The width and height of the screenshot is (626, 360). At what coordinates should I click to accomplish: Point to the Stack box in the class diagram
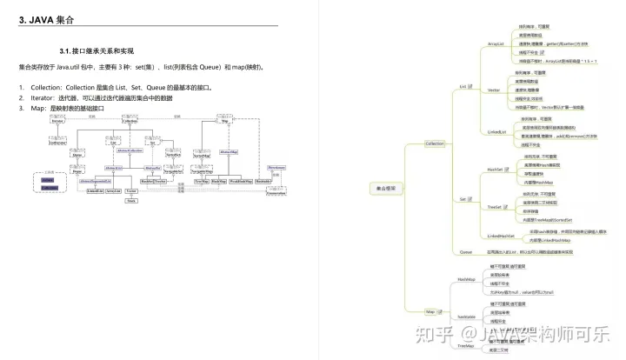tap(131, 200)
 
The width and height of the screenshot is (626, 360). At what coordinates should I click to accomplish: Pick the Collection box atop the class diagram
tap(130, 122)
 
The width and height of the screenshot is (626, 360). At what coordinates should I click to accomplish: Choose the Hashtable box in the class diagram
tap(263, 181)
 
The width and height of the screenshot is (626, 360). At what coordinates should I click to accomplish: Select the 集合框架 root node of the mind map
tap(387, 188)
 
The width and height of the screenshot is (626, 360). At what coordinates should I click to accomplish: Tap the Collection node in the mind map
tap(435, 143)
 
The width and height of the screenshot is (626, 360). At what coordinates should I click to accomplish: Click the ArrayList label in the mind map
tap(496, 42)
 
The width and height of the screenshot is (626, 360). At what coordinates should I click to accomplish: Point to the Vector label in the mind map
tap(493, 90)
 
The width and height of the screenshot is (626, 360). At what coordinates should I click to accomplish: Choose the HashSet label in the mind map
tap(495, 170)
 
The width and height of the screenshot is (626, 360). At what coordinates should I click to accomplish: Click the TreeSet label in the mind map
tap(495, 207)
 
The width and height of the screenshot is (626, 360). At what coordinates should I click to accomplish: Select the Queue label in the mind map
tap(466, 250)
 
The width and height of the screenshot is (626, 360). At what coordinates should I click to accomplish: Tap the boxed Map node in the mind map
tap(430, 310)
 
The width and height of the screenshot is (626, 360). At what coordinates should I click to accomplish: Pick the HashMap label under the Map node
tap(466, 279)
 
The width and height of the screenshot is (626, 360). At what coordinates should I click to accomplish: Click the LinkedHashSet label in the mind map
tap(501, 236)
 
